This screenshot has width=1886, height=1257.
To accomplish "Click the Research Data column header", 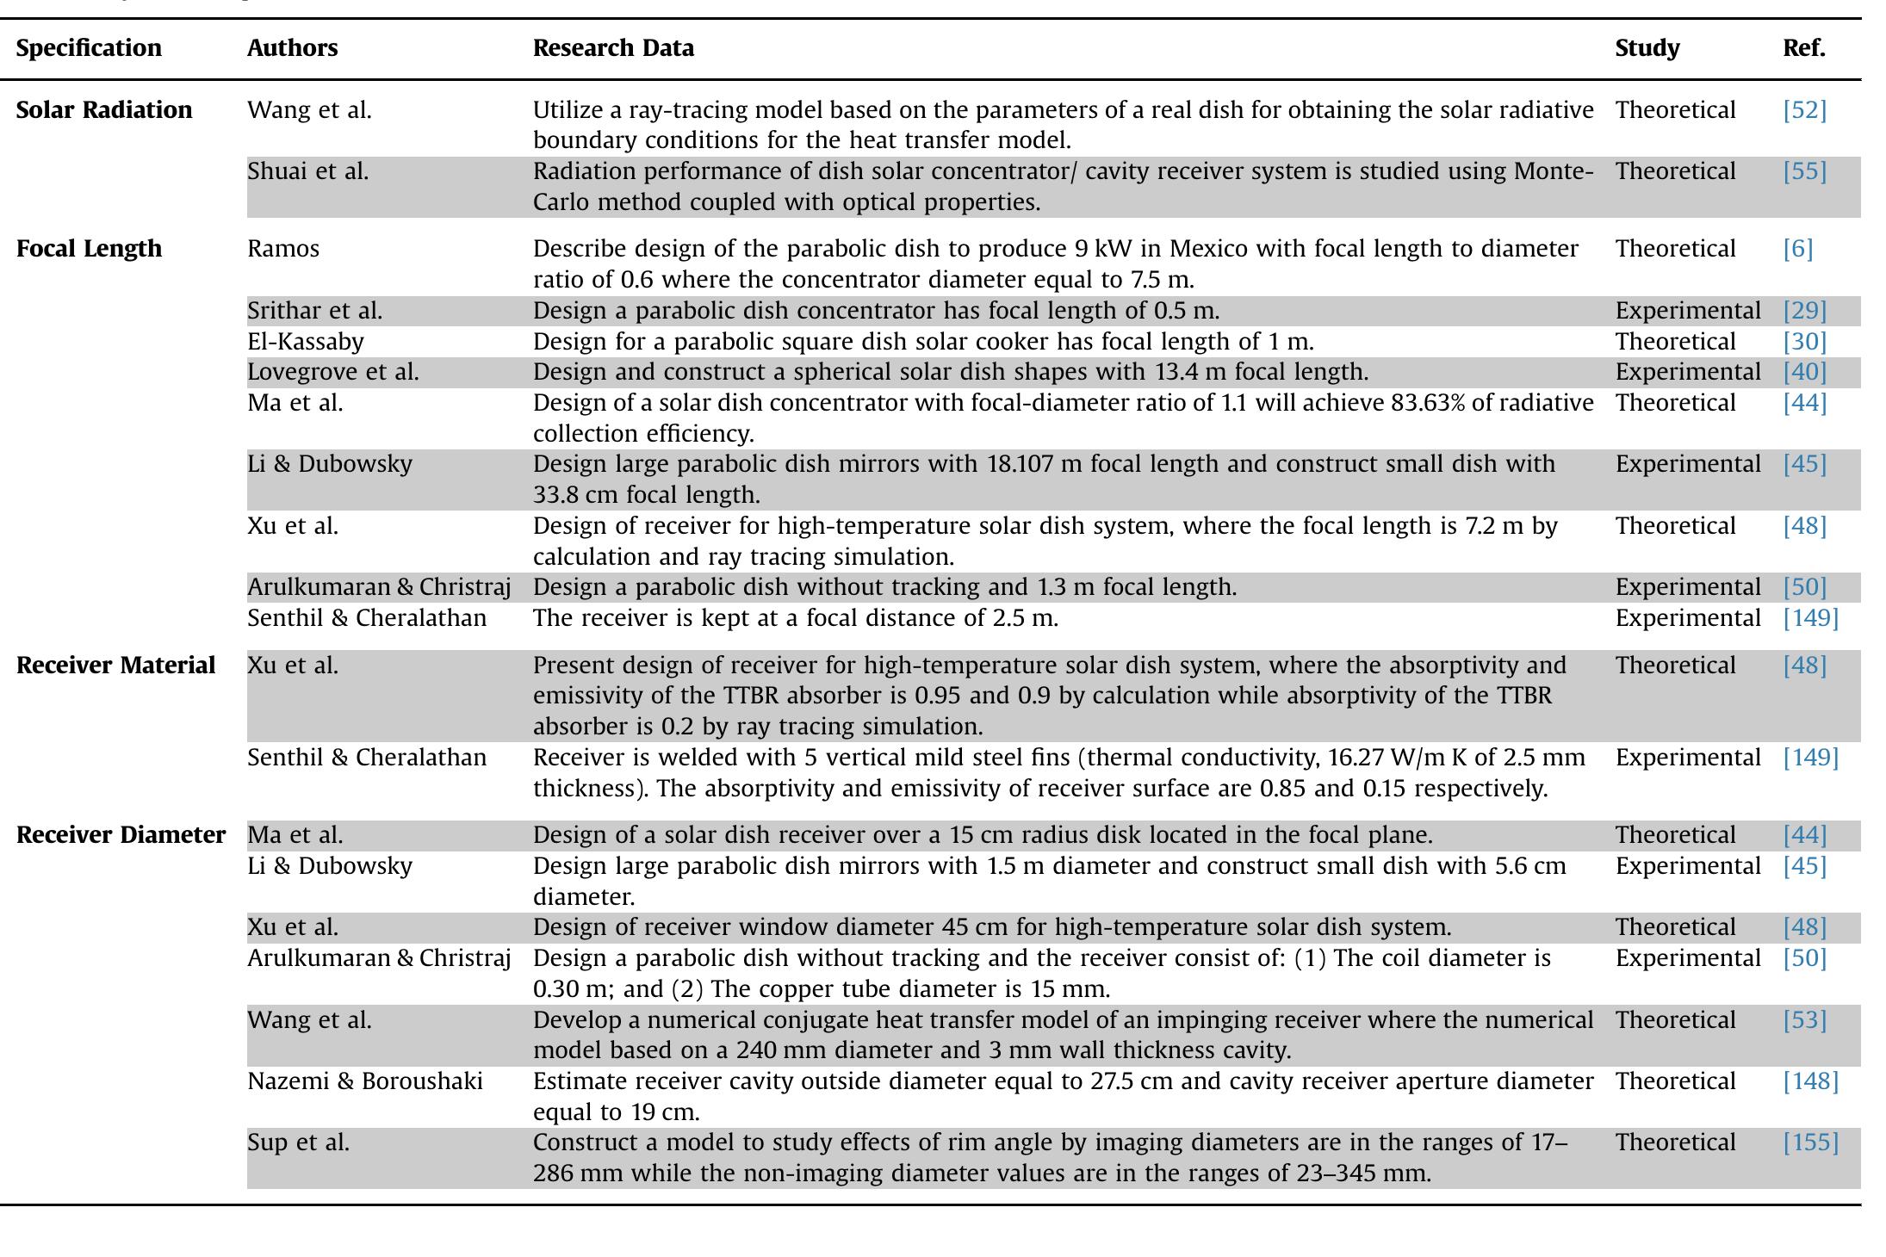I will click(x=613, y=48).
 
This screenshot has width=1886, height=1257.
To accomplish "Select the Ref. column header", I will click(x=1803, y=48).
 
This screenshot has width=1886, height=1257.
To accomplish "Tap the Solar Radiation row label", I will click(x=104, y=110).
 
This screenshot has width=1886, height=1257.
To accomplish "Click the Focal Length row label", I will click(x=89, y=249).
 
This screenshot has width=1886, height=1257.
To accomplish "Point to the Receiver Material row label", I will click(x=115, y=666).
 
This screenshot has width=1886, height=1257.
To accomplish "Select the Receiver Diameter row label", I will click(x=121, y=835).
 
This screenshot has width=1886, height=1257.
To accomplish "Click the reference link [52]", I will click(x=1804, y=110).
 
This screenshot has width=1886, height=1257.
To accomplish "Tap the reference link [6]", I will click(x=1797, y=249).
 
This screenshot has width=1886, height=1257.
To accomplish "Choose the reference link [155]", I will click(x=1810, y=1142).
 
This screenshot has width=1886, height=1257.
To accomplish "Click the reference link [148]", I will click(x=1810, y=1081).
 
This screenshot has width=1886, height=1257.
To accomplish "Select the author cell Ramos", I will click(x=282, y=249).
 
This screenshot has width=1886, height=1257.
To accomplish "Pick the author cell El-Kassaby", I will click(x=305, y=342).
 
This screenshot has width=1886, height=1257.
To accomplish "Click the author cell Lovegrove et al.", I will click(x=332, y=372).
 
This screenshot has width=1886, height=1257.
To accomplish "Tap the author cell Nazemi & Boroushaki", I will click(x=364, y=1081).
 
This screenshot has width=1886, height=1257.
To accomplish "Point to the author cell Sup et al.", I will click(x=298, y=1142).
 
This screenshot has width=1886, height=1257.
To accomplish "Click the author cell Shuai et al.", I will click(x=307, y=171).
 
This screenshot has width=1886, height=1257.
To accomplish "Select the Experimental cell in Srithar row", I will click(x=1687, y=311).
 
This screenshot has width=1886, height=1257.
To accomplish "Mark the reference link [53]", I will click(x=1804, y=1020).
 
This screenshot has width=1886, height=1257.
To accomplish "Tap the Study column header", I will click(x=1647, y=48).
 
